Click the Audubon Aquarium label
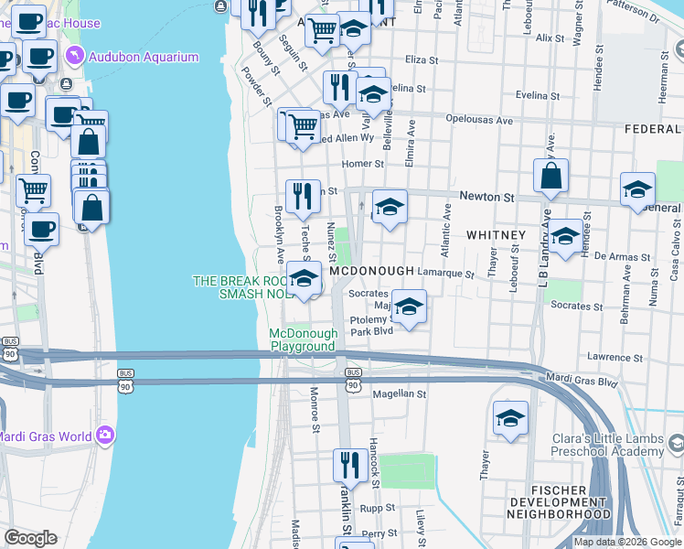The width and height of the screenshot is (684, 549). [x=143, y=57]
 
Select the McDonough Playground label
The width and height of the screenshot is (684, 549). [x=303, y=340]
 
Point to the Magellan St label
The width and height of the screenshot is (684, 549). [x=400, y=393]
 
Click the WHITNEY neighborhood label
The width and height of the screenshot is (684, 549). [x=496, y=235]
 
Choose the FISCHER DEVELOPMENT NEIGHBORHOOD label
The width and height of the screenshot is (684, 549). [x=560, y=501]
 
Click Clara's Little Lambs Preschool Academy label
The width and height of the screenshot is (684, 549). [x=607, y=445]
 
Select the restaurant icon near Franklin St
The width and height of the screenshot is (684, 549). [x=348, y=465]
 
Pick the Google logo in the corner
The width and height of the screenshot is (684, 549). [x=29, y=538]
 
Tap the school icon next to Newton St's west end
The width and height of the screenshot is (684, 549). [x=390, y=207]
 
